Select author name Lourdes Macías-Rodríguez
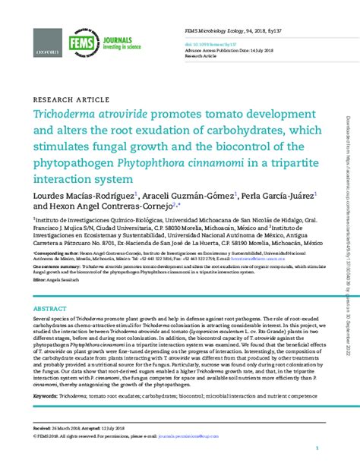[84, 196]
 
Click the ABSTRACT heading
[51, 310]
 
